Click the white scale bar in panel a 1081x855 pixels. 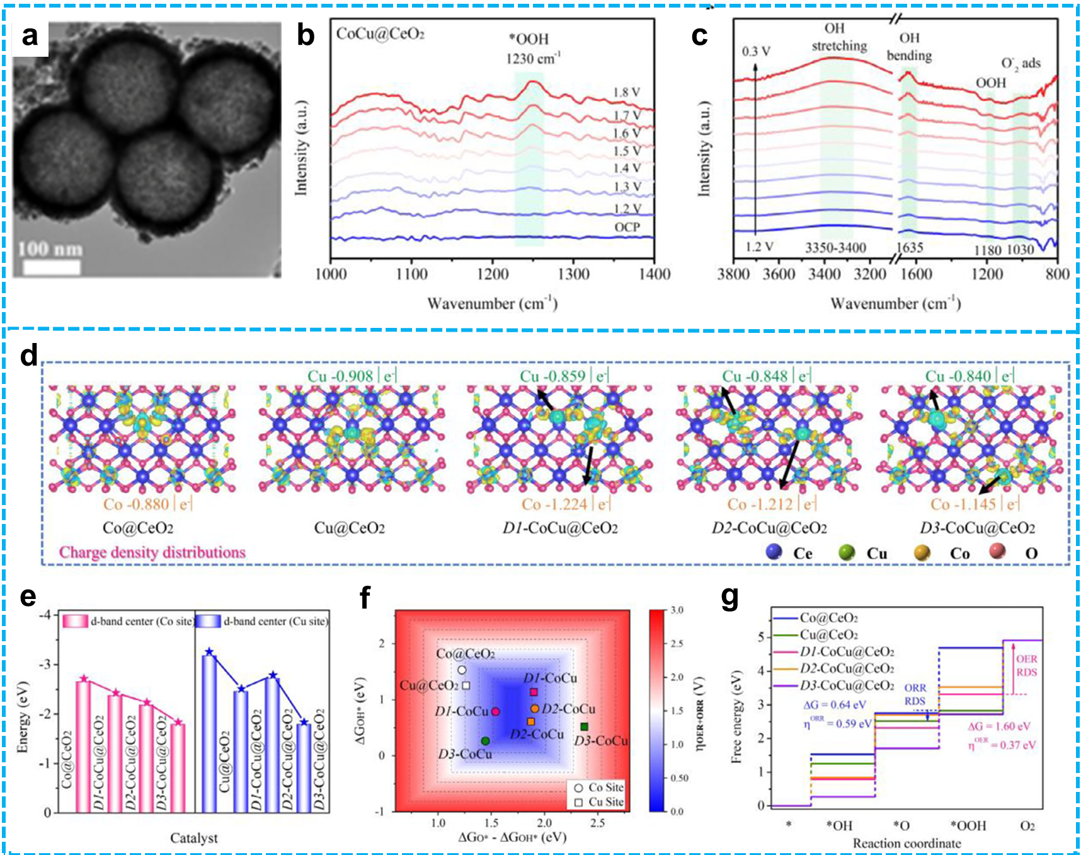(52, 267)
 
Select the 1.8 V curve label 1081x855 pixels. (626, 93)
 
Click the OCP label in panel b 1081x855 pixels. (627, 227)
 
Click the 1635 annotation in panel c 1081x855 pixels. (910, 247)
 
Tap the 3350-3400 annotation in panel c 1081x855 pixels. (835, 248)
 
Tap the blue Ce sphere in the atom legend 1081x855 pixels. (774, 552)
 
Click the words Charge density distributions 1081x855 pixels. (152, 552)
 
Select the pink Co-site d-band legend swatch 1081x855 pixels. (75, 621)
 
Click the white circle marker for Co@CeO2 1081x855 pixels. (462, 670)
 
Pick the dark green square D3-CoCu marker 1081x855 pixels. (584, 727)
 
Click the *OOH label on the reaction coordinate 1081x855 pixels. (968, 826)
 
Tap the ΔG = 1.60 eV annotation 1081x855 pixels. (998, 726)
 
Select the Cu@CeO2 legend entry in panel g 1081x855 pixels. (828, 635)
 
